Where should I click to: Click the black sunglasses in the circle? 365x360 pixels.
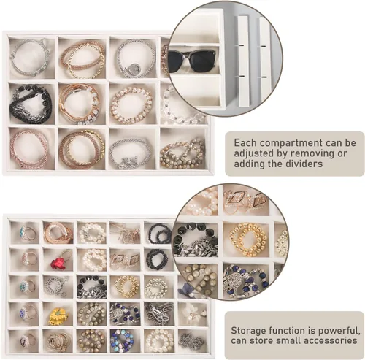(192, 61)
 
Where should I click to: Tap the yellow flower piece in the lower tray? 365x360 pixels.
(58, 316)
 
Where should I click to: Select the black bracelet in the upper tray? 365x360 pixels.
(31, 104)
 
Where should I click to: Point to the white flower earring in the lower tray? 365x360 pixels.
(193, 313)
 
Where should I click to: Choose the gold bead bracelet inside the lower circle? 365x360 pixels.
(247, 240)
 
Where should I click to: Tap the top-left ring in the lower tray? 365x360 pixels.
(27, 233)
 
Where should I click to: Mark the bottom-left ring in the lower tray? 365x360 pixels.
(28, 340)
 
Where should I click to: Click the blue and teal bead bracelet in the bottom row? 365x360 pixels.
(123, 341)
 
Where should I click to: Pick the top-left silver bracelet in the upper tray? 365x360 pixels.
(31, 58)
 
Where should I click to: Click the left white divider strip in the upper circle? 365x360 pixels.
(244, 61)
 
